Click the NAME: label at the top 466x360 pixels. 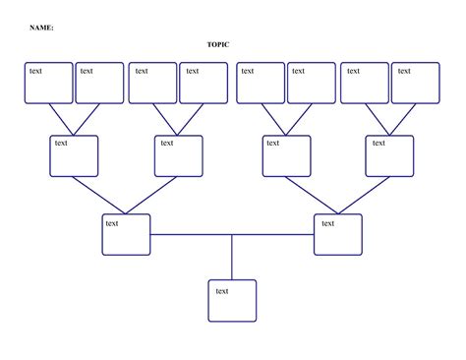[x=41, y=28]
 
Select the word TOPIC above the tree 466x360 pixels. [x=217, y=45]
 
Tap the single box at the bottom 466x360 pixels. [x=232, y=301]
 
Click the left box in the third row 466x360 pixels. [x=126, y=234]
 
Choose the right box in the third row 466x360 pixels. [x=338, y=234]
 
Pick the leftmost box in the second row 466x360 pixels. [x=74, y=155]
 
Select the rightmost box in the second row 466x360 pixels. [x=390, y=155]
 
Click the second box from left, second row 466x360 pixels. [x=179, y=155]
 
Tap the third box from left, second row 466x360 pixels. [x=286, y=155]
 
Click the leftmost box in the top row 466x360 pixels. [x=49, y=83]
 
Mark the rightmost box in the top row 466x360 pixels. [x=415, y=83]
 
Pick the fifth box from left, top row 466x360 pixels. [x=260, y=83]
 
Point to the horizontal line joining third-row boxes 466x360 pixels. [x=232, y=234]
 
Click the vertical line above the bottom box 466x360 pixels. [x=232, y=257]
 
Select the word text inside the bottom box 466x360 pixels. [x=222, y=290]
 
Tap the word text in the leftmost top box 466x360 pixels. [x=35, y=71]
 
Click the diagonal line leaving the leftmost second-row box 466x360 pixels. [x=100, y=195]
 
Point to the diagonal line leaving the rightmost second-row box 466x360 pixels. [x=365, y=195]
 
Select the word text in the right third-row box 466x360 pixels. [x=328, y=223]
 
